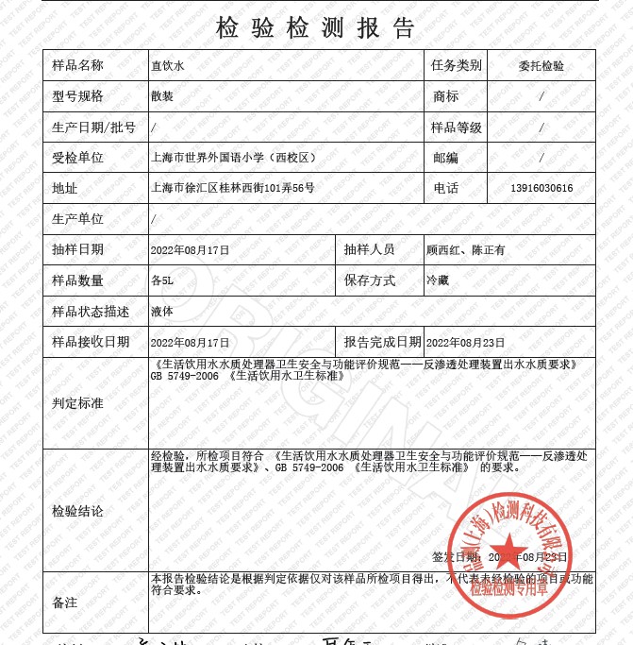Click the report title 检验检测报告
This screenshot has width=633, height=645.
point(315,26)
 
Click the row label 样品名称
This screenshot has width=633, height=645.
point(77,66)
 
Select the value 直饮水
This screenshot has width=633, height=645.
point(168,66)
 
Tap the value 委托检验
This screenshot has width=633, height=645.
point(541,66)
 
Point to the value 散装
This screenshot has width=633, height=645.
point(162,96)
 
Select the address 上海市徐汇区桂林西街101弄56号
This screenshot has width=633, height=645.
point(233,188)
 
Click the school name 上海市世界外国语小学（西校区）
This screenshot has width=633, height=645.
point(240,158)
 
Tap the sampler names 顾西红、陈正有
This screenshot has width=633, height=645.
point(466,250)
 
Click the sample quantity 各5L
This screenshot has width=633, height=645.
point(162,280)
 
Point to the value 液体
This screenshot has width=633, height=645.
point(162,311)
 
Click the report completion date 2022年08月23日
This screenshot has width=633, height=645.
point(466,342)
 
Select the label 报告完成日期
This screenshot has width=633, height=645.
point(381,342)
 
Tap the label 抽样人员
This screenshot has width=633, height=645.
point(369,250)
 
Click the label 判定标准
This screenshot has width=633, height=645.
point(77,403)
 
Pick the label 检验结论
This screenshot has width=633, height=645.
point(77,511)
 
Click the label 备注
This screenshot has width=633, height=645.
point(65,602)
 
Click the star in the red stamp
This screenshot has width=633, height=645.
point(508,549)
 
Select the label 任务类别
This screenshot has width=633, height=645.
point(457,66)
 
